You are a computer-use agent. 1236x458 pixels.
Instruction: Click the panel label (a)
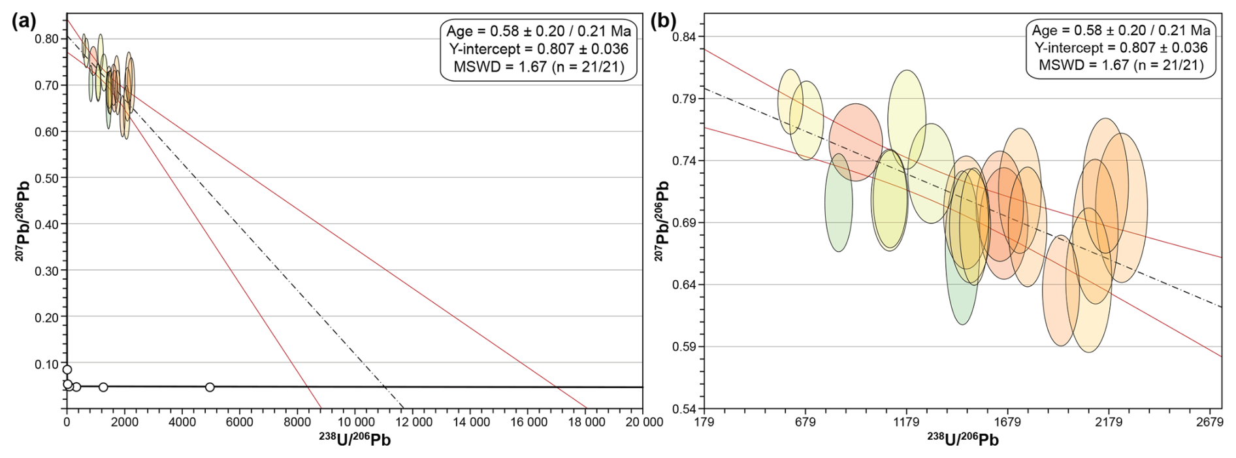(x=24, y=21)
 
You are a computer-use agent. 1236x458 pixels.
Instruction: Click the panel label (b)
(x=664, y=21)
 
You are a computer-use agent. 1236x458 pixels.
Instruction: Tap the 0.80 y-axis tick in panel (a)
(x=46, y=39)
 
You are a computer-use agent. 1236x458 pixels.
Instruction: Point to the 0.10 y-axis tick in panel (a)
(x=46, y=364)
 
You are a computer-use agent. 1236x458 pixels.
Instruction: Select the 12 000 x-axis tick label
(x=414, y=423)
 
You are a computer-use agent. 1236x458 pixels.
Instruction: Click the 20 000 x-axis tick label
(x=643, y=423)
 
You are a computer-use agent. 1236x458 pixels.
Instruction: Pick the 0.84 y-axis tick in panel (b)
(x=685, y=37)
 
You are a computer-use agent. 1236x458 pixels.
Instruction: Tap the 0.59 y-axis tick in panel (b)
(x=685, y=346)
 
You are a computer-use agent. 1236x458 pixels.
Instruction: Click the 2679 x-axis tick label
(x=1210, y=423)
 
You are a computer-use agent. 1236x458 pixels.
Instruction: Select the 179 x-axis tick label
(x=704, y=423)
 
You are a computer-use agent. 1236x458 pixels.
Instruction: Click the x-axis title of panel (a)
(x=355, y=440)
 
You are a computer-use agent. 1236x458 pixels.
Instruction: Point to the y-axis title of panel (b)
(x=662, y=221)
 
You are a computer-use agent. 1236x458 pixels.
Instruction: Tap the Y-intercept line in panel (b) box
(x=1121, y=48)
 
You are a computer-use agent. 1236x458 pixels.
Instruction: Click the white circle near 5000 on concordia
(x=210, y=387)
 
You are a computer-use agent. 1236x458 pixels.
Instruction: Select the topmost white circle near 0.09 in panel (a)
(x=67, y=369)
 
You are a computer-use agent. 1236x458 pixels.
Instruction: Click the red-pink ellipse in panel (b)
(x=856, y=142)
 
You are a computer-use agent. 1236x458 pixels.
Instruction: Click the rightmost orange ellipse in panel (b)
(x=1122, y=208)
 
